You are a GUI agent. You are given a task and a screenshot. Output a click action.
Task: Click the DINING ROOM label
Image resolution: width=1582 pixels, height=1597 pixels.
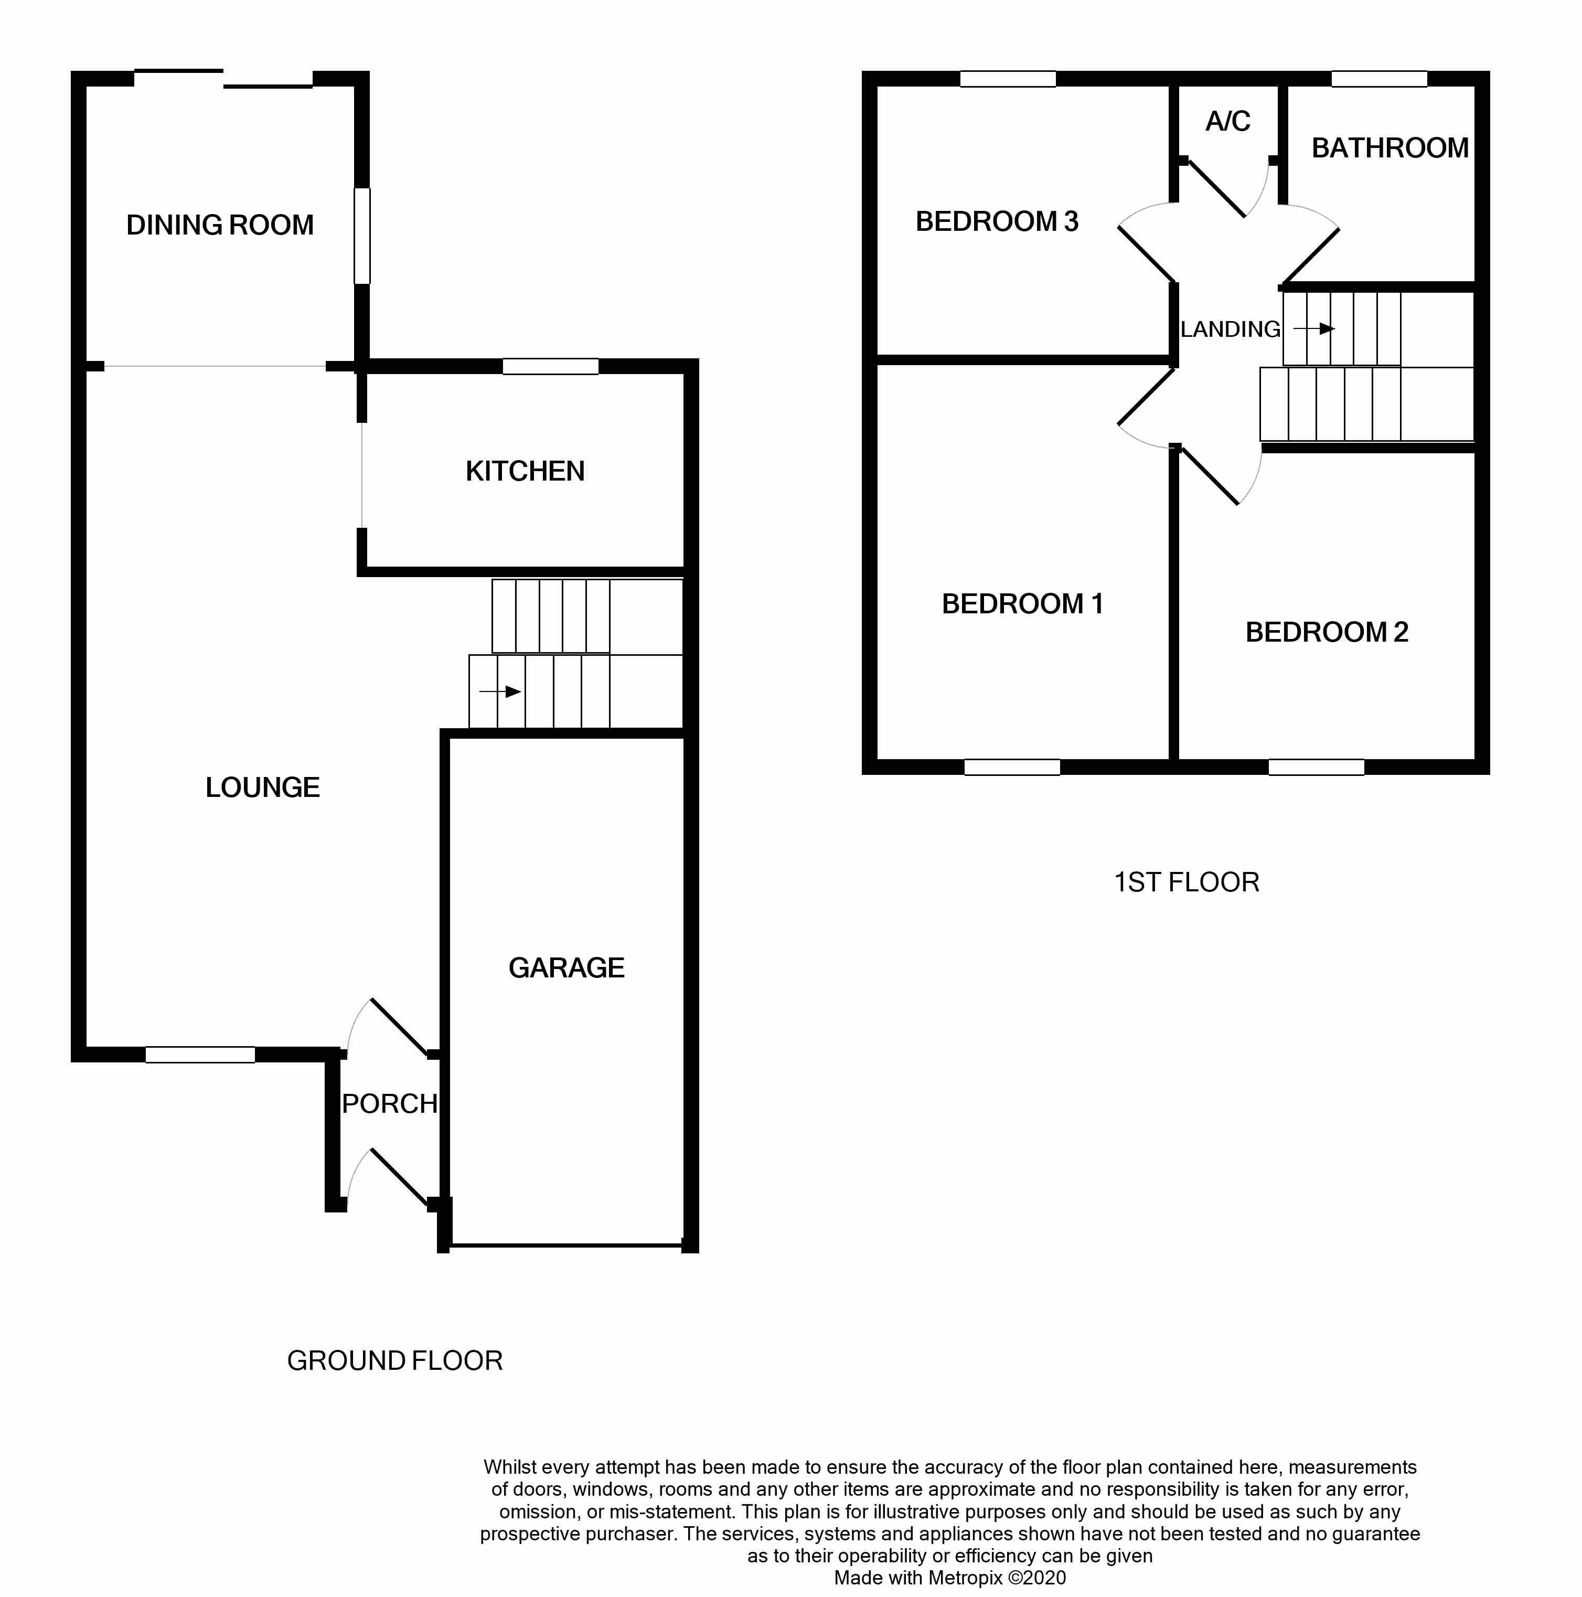point(220,225)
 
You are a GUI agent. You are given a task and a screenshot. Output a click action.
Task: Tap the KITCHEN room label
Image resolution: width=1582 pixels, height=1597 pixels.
point(525,471)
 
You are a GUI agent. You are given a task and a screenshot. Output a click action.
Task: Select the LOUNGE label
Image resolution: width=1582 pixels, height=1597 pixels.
point(262,787)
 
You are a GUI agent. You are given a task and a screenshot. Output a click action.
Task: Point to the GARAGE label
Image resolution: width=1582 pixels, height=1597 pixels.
point(566,967)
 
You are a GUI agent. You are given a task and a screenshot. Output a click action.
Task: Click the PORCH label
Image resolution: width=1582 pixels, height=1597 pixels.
point(389,1103)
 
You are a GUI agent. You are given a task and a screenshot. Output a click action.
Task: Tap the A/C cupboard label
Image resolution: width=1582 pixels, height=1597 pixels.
point(1227,122)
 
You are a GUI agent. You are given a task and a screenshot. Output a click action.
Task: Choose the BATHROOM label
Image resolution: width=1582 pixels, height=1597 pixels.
point(1389,148)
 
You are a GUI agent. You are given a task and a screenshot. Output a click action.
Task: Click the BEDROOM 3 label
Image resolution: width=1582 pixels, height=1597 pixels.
point(997,221)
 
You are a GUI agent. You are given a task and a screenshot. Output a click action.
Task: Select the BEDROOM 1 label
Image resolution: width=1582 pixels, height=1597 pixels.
point(1022,603)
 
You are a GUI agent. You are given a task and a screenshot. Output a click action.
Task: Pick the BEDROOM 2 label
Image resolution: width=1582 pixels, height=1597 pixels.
point(1326,632)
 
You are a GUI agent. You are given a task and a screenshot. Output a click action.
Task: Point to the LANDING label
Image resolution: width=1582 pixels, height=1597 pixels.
point(1230,329)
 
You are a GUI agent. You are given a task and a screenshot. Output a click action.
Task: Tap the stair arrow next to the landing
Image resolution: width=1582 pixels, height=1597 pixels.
point(1314,329)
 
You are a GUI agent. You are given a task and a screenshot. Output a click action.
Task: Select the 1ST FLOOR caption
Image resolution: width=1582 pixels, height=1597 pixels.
point(1186,882)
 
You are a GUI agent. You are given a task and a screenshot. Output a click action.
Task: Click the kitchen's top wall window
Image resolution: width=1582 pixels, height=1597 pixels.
point(550,366)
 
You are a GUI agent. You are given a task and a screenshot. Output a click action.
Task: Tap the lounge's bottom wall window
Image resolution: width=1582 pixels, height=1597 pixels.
point(200,1054)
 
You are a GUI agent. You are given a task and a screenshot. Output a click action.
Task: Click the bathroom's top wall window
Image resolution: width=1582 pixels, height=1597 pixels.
point(1378,79)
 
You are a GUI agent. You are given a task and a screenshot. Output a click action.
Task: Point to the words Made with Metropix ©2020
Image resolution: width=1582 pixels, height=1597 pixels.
point(950,1577)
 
